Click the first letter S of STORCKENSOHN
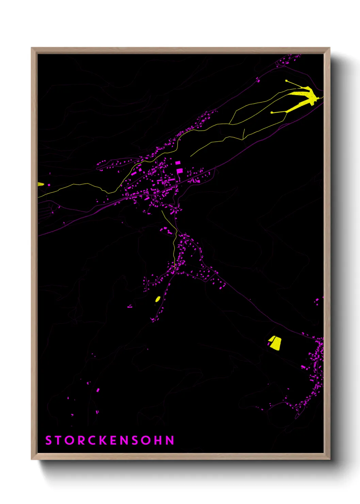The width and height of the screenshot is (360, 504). click(48, 440)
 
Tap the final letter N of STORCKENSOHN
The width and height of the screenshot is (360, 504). click(170, 440)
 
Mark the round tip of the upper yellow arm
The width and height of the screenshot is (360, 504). click(287, 81)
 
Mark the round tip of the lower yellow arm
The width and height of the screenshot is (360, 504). click(272, 112)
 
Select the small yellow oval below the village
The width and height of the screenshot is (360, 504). click(158, 299)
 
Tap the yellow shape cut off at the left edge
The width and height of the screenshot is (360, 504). click(40, 184)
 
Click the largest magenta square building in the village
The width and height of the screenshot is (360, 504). click(179, 171)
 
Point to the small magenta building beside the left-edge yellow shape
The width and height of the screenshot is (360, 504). click(49, 185)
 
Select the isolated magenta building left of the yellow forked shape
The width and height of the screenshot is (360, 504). click(258, 80)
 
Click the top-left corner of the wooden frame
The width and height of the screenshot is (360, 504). click(32, 48)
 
